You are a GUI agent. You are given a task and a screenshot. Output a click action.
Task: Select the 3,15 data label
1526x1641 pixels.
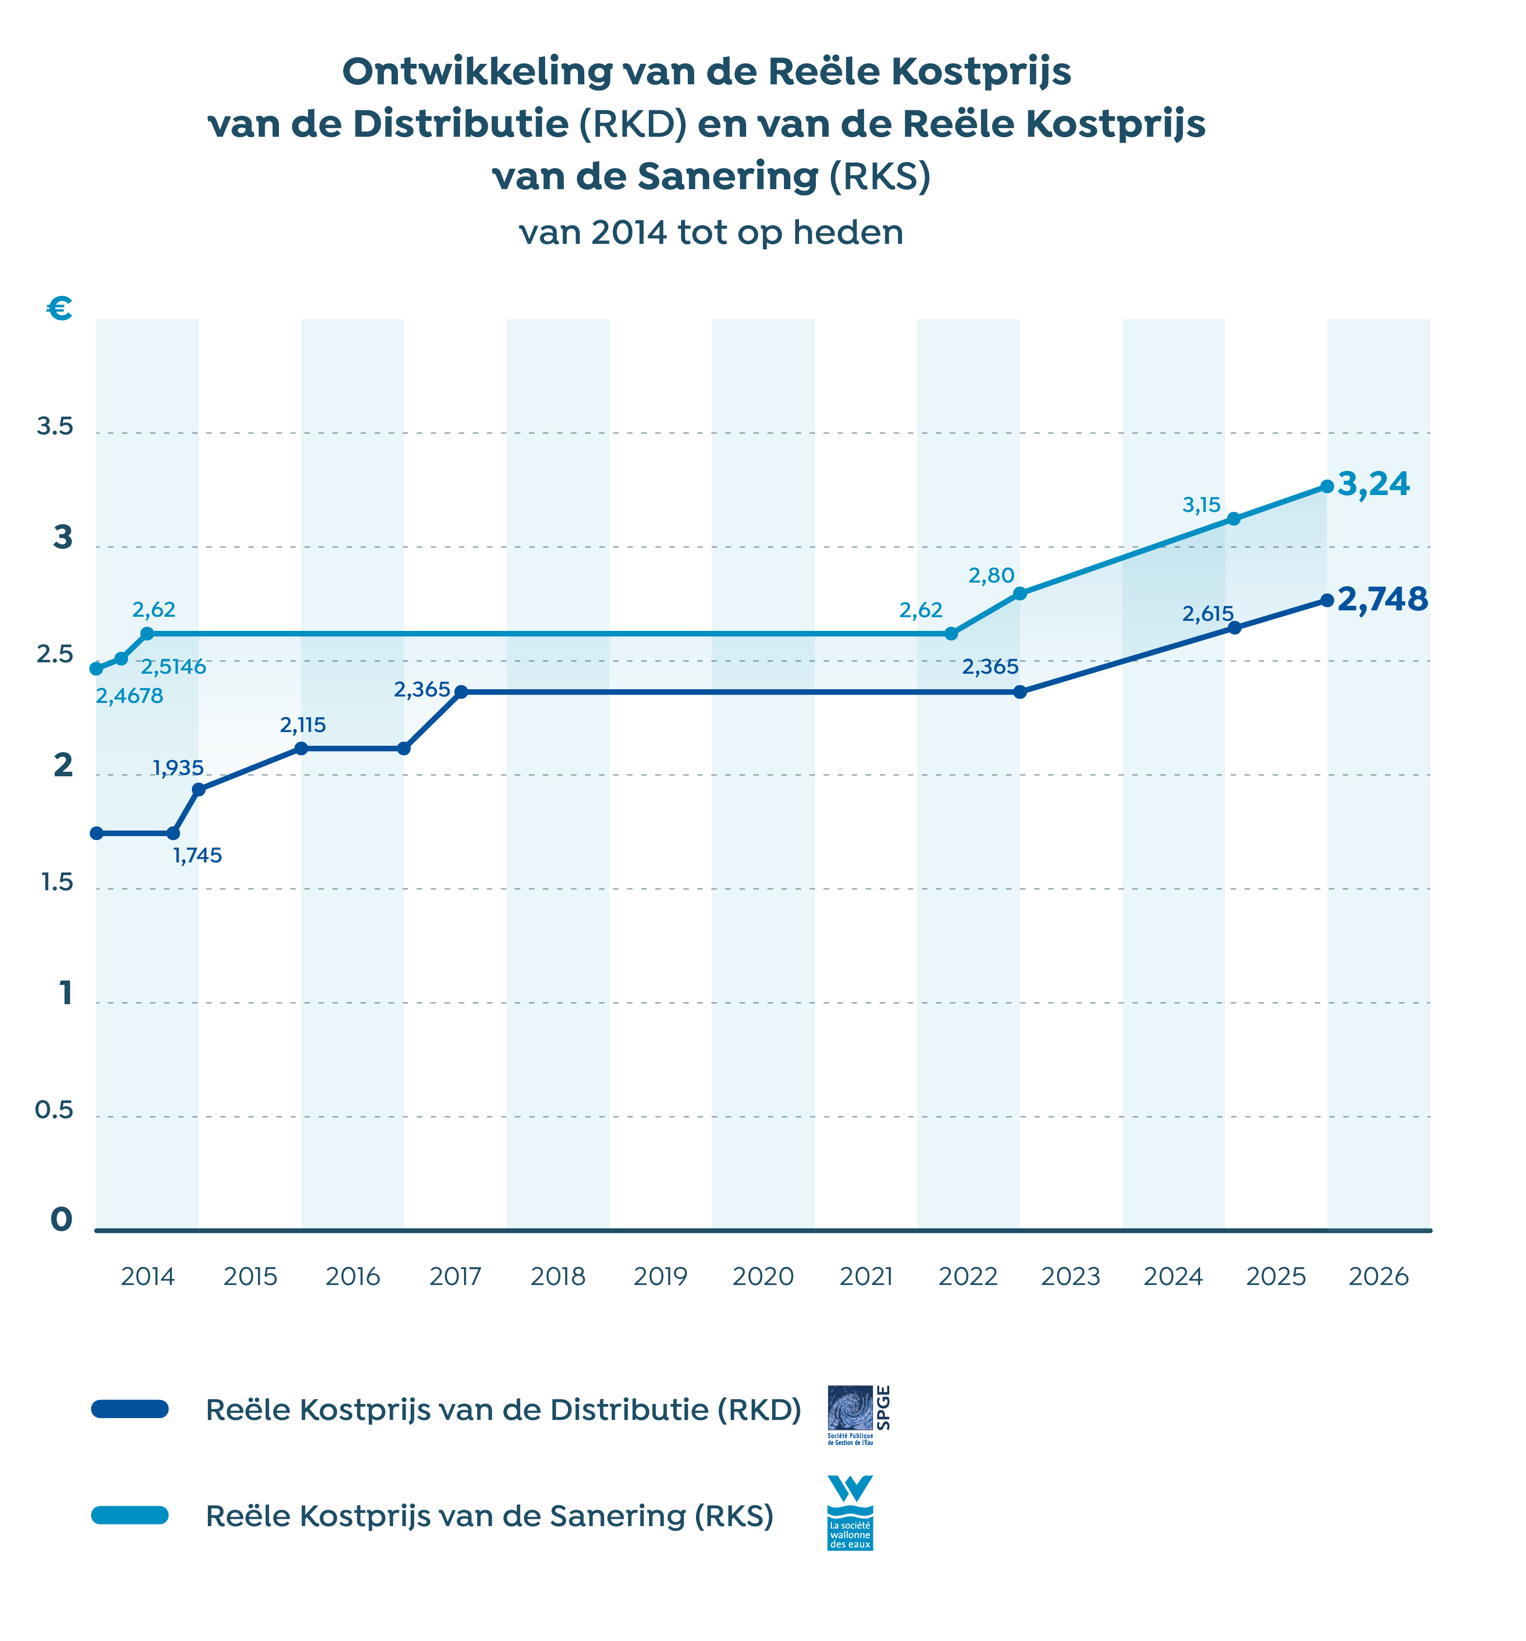[x=1201, y=504]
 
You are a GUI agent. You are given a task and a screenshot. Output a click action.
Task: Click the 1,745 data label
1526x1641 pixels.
[x=197, y=855]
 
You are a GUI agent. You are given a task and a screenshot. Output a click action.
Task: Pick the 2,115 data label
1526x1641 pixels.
[x=303, y=725]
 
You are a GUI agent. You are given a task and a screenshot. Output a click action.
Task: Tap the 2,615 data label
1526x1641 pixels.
[x=1207, y=613]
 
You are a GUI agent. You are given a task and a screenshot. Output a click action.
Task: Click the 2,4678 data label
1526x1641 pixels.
[x=129, y=696]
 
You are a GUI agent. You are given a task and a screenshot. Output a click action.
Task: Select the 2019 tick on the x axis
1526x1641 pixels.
[x=660, y=1277]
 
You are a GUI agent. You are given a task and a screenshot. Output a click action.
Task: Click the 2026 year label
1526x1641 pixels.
[x=1378, y=1277]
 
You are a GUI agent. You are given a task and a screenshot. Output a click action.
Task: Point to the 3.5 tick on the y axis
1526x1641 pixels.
[x=55, y=427]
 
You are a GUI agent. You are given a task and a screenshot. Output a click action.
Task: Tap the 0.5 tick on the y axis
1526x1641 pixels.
[x=55, y=1110]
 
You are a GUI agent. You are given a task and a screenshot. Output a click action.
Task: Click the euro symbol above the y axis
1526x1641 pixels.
[x=59, y=309]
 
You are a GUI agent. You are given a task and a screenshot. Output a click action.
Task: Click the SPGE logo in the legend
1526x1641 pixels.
[x=858, y=1415]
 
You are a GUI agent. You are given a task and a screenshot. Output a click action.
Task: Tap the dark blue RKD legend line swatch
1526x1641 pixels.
[x=130, y=1409]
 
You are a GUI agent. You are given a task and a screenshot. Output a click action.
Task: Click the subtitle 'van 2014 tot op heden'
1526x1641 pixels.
[x=711, y=233]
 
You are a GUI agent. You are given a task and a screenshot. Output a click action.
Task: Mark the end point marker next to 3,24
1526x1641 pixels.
[x=1326, y=486]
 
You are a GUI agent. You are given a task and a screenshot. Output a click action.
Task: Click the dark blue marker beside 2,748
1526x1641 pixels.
[x=1326, y=600]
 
